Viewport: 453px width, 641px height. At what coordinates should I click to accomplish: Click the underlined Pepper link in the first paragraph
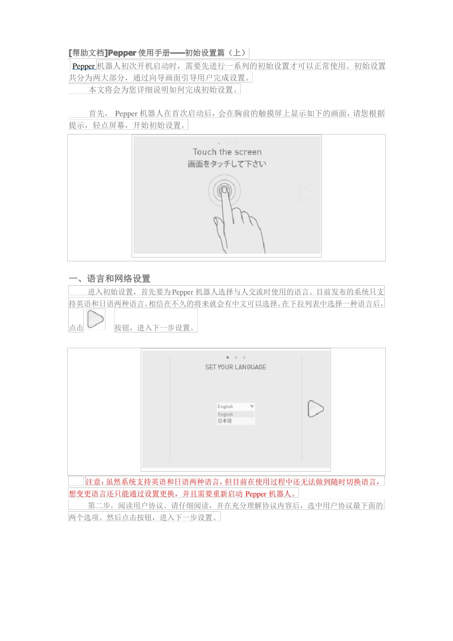click(x=83, y=66)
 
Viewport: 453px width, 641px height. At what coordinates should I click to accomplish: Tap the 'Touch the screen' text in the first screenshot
click(x=227, y=152)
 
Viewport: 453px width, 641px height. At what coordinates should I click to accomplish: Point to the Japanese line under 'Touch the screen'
click(x=227, y=164)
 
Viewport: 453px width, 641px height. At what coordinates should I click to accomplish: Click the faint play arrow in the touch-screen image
click(x=307, y=195)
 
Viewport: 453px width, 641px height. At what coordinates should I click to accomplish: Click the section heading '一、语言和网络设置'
click(x=109, y=279)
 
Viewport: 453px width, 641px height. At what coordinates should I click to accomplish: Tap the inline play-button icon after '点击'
click(x=96, y=319)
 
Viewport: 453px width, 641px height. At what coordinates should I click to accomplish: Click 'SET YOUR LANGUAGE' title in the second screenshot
click(x=236, y=367)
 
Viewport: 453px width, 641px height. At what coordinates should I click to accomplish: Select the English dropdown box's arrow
click(x=252, y=406)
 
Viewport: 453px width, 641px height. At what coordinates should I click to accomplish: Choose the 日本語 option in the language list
click(x=225, y=421)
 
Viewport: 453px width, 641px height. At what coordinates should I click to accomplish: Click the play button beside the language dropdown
click(x=315, y=409)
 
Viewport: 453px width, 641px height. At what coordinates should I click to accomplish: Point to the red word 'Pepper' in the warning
click(x=256, y=494)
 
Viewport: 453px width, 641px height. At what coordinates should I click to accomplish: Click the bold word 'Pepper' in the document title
click(x=123, y=53)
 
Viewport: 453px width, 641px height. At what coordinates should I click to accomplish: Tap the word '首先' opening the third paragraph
click(x=98, y=114)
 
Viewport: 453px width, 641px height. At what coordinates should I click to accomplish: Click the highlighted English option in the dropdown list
click(x=226, y=414)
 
